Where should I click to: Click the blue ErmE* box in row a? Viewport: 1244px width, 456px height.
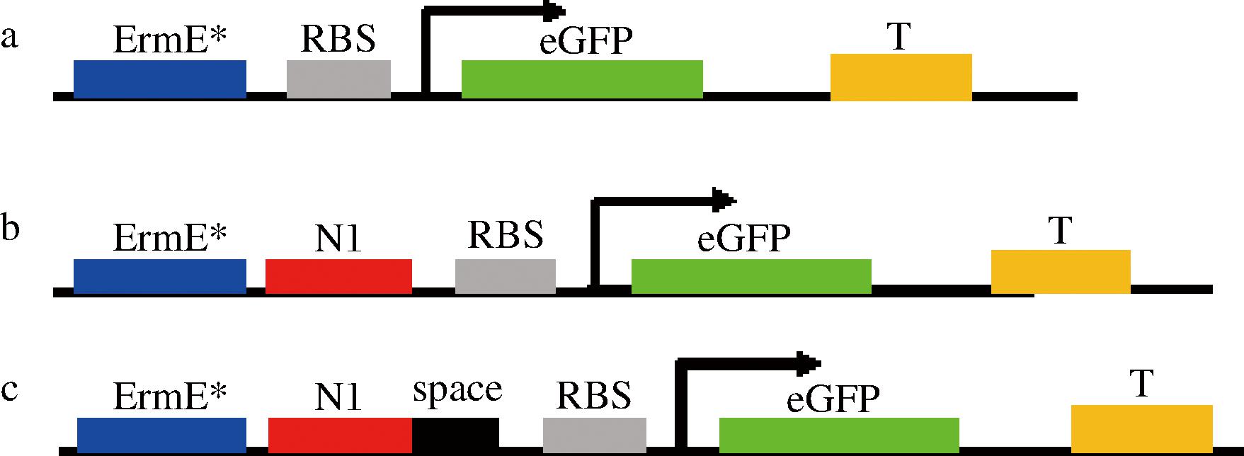pos(160,79)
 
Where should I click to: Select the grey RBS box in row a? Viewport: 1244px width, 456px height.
pos(338,79)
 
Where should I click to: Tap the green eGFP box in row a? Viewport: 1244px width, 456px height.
pos(582,79)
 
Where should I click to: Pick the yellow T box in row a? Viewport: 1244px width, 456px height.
pos(901,76)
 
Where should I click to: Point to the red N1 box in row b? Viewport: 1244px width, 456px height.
pos(338,275)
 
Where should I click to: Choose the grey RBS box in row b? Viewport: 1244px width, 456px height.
pos(505,276)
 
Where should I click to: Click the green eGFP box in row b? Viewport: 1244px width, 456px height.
pos(751,276)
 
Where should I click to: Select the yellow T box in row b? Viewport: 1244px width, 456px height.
pos(1060,271)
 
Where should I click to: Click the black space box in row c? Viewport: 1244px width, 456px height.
pos(455,433)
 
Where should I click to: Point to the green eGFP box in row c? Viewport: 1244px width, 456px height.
pos(839,434)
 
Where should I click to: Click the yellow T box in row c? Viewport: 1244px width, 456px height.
pos(1141,428)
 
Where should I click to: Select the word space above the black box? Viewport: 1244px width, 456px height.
pos(457,390)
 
